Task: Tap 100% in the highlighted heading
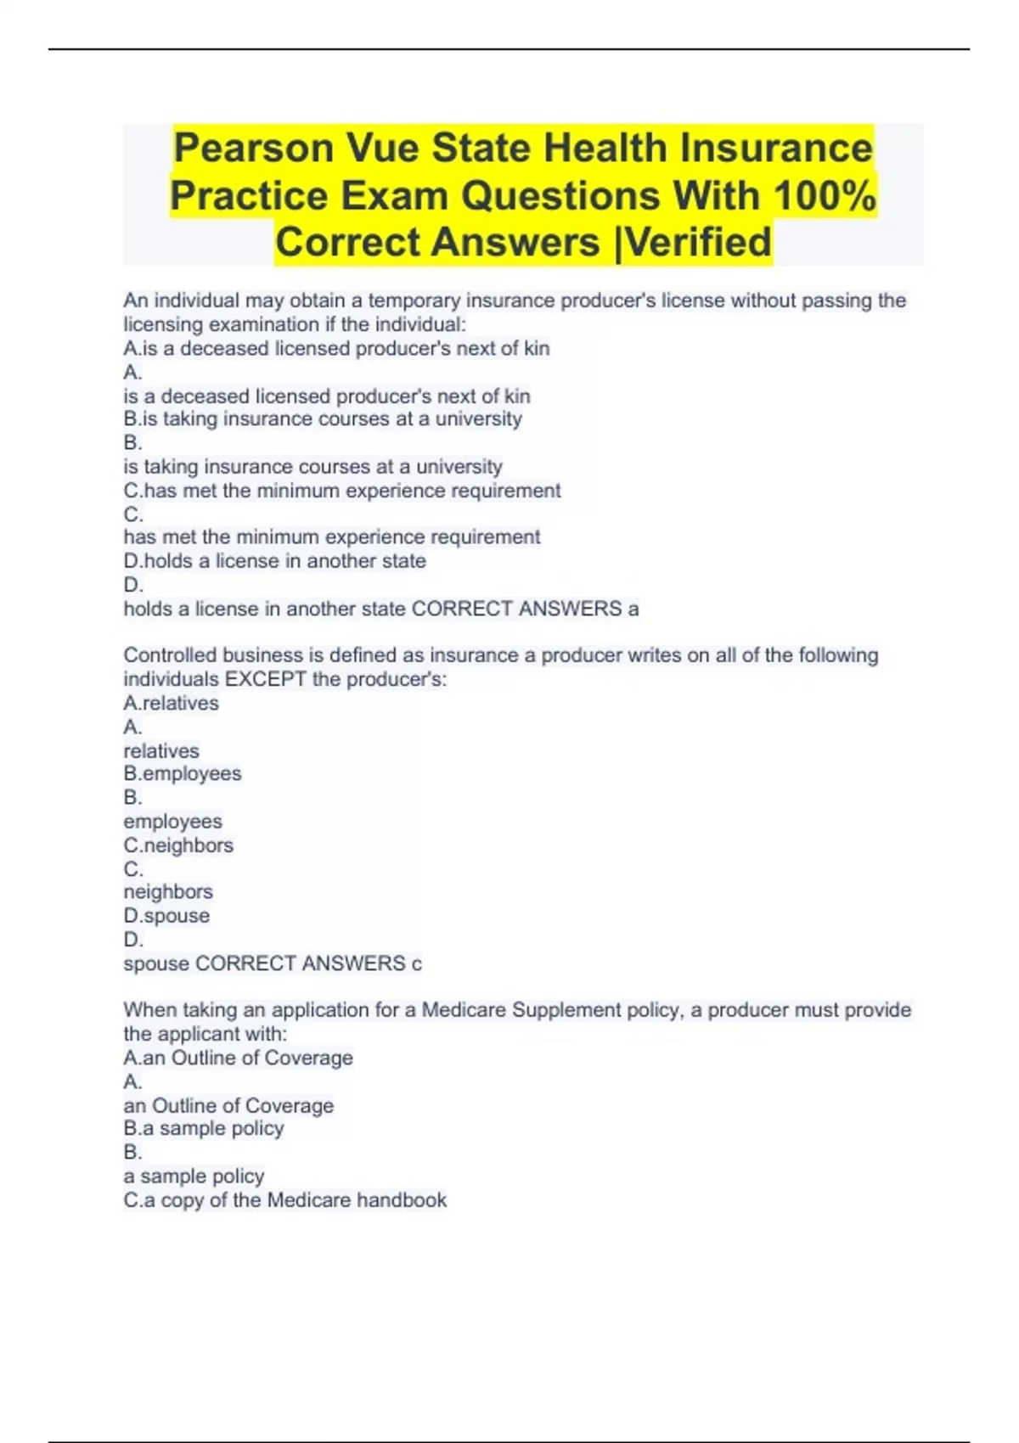pos(825,196)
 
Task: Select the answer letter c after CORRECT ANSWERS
pos(416,963)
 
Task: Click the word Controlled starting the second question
pos(170,655)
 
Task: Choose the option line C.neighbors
pos(178,845)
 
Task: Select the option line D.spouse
pos(166,916)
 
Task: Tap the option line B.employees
pos(183,774)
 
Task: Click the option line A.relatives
pos(171,703)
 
